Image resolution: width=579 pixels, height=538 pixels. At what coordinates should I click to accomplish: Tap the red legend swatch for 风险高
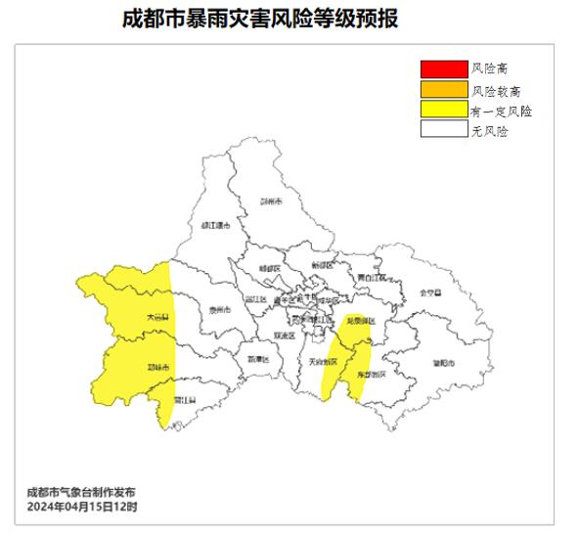[443, 68]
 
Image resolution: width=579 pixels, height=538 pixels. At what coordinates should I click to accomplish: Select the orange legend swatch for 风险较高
[443, 90]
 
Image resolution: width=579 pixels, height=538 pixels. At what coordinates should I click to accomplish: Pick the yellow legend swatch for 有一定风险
[443, 111]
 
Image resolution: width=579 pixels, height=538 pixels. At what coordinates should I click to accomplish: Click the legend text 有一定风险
[502, 111]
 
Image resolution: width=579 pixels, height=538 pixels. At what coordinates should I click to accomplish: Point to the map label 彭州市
[271, 202]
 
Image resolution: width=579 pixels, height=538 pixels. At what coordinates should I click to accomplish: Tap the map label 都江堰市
[214, 226]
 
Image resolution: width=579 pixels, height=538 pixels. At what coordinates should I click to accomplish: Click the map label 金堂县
[426, 291]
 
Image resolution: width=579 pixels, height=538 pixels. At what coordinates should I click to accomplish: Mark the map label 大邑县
[156, 317]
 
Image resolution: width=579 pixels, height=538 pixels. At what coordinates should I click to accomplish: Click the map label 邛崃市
[157, 368]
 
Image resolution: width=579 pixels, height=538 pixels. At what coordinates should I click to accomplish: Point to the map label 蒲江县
[185, 400]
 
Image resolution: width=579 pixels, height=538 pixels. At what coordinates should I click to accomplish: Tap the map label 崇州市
[219, 310]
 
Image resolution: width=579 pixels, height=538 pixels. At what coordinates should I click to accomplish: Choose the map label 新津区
[258, 359]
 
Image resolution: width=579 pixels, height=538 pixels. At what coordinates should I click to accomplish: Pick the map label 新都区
[323, 265]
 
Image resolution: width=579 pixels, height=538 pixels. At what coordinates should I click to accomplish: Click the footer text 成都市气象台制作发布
[82, 492]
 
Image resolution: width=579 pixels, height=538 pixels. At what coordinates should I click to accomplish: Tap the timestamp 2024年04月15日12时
[82, 507]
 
